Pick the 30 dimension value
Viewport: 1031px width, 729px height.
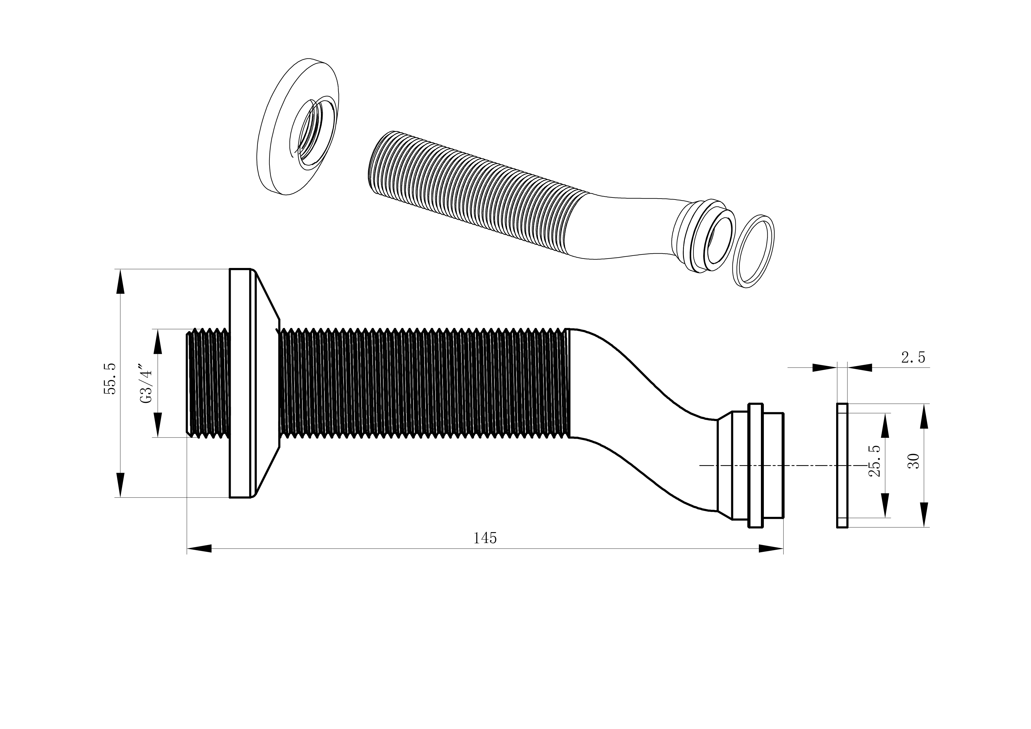click(913, 461)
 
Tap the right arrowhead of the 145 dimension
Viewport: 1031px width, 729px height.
click(771, 549)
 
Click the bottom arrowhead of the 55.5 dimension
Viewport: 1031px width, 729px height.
click(120, 485)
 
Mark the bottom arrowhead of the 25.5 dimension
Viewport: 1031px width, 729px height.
click(885, 505)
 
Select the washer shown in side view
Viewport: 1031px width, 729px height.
click(842, 465)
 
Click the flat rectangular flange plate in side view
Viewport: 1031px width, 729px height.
click(240, 383)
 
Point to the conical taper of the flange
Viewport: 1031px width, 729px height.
click(266, 383)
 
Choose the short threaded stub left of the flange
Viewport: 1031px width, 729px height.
click(208, 383)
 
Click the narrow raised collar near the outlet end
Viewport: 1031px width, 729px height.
click(755, 465)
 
